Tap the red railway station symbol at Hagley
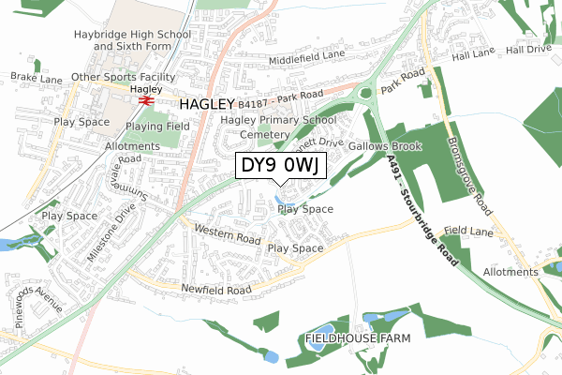click(x=145, y=99)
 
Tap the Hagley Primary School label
click(x=278, y=120)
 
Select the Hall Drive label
click(x=531, y=49)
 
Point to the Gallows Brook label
click(x=386, y=147)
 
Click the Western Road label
click(x=227, y=235)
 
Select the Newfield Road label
click(x=217, y=291)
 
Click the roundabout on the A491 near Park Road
click(x=364, y=91)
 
